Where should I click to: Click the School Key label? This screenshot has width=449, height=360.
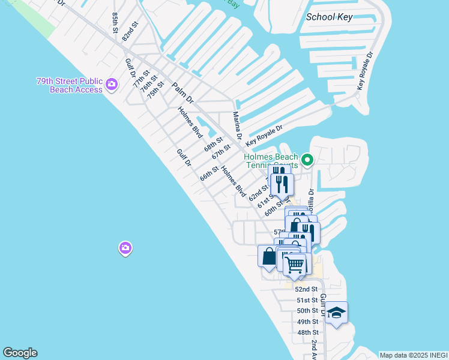pyautogui.click(x=329, y=17)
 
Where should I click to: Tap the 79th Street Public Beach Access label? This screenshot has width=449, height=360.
pyautogui.click(x=70, y=85)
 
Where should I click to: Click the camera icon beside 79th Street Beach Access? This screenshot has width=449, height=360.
pyautogui.click(x=111, y=85)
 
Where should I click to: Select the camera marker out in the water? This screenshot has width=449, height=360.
pyautogui.click(x=125, y=247)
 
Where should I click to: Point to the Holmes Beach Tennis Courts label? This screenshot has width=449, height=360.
pyautogui.click(x=271, y=161)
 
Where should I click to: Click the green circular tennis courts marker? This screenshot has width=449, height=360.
pyautogui.click(x=307, y=160)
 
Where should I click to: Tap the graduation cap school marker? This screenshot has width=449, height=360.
pyautogui.click(x=337, y=313)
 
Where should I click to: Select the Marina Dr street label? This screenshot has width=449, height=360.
pyautogui.click(x=237, y=125)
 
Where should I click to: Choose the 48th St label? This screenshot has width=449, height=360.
pyautogui.click(x=307, y=332)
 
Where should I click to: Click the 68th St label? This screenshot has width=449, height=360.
pyautogui.click(x=213, y=144)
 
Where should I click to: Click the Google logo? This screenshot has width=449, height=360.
pyautogui.click(x=20, y=353)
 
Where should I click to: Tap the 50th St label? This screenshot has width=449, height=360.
pyautogui.click(x=307, y=311)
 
